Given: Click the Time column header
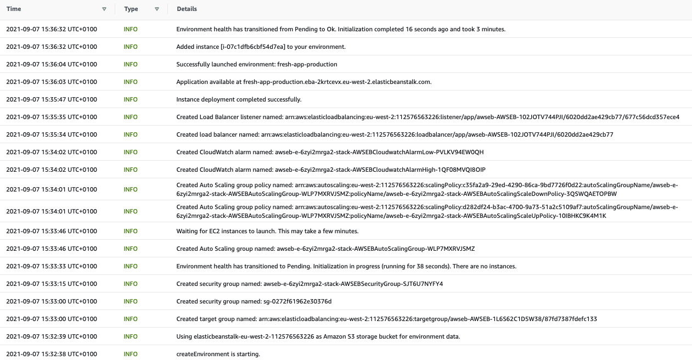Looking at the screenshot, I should (14, 9).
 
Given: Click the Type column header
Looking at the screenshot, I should (131, 9).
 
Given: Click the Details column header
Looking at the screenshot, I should (187, 9).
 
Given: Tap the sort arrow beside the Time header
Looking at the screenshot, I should (104, 9).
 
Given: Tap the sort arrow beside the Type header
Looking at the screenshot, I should (157, 9).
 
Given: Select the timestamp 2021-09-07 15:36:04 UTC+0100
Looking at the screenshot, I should (52, 64).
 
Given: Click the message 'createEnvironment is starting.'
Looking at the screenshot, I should (218, 354).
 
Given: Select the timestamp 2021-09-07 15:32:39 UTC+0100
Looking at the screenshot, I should (52, 336).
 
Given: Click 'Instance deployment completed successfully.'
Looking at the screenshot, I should (239, 99).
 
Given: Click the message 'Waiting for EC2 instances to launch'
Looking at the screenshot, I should (267, 231).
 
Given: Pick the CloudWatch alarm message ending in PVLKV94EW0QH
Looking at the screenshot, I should (330, 152).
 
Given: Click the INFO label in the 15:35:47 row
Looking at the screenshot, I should (131, 99).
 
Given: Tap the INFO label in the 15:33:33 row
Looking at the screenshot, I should (131, 266).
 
